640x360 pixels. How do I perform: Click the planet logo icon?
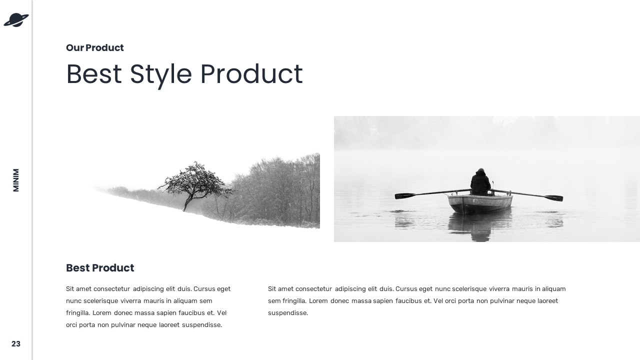pyautogui.click(x=16, y=20)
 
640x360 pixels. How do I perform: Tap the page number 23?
pyautogui.click(x=16, y=344)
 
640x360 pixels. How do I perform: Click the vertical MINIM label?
pyautogui.click(x=16, y=180)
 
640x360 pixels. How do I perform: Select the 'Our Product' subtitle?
pyautogui.click(x=94, y=48)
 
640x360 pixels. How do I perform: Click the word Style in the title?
pyautogui.click(x=160, y=74)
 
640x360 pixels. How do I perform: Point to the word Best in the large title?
pyautogui.click(x=93, y=74)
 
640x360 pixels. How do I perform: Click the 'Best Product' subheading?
pyautogui.click(x=100, y=268)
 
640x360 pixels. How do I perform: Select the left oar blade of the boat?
pyautogui.click(x=404, y=196)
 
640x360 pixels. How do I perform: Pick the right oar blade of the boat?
pyautogui.click(x=553, y=198)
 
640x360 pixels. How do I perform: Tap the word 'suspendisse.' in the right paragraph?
pyautogui.click(x=288, y=313)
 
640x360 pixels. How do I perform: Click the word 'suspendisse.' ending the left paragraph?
pyautogui.click(x=202, y=325)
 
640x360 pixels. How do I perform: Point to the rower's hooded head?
pyautogui.click(x=480, y=172)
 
